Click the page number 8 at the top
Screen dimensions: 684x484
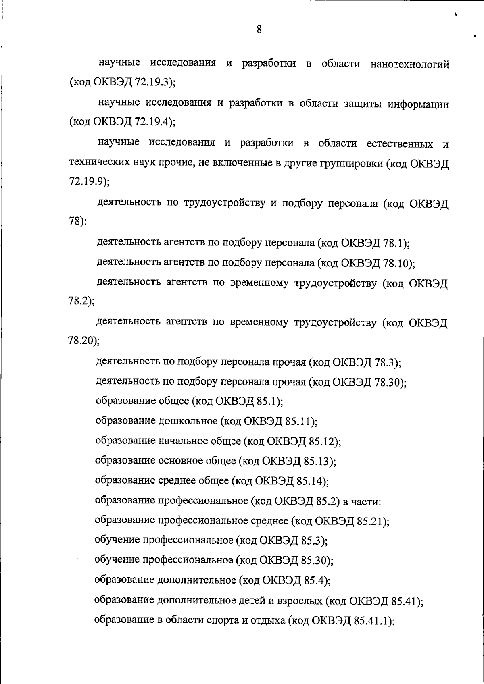[259, 29]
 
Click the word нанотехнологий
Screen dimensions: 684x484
[410, 64]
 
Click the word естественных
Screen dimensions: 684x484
[400, 144]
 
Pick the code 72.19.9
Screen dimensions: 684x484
[87, 182]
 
